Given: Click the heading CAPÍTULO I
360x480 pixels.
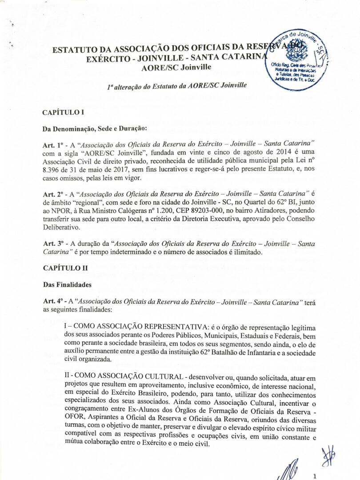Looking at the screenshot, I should pyautogui.click(x=63, y=112).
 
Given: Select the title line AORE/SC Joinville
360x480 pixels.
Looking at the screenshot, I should pyautogui.click(x=176, y=68).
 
